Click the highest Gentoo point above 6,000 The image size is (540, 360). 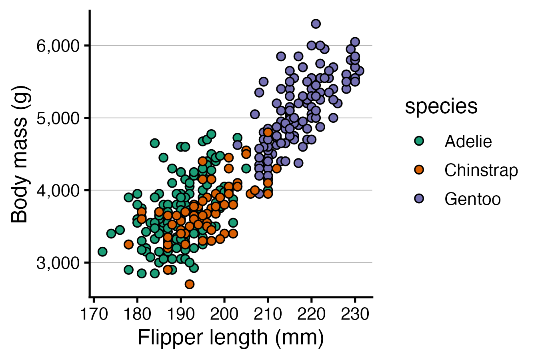pos(316,24)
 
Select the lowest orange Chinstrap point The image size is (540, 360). pos(190,284)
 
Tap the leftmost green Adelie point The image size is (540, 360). pos(102,252)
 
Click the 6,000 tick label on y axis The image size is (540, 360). pos(58,46)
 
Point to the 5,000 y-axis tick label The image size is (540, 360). pos(58,118)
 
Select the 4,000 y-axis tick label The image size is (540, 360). pos(58,191)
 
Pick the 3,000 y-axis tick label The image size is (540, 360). pos(58,263)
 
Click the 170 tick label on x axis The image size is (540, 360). pos(94,314)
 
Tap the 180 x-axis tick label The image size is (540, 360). pos(137,314)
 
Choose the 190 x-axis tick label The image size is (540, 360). pos(181,314)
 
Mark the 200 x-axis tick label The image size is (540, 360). pos(224,314)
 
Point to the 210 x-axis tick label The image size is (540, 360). pos(268,314)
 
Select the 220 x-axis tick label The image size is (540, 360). pos(312,314)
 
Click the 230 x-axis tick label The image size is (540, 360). pos(355,314)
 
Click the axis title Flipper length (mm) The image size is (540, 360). pos(231,338)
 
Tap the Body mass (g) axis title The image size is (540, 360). pos(20,154)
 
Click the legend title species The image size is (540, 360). pos(441,106)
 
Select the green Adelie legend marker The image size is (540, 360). pos(419,141)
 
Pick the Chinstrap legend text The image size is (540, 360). pos(481,170)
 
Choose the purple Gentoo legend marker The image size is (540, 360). pos(419,199)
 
